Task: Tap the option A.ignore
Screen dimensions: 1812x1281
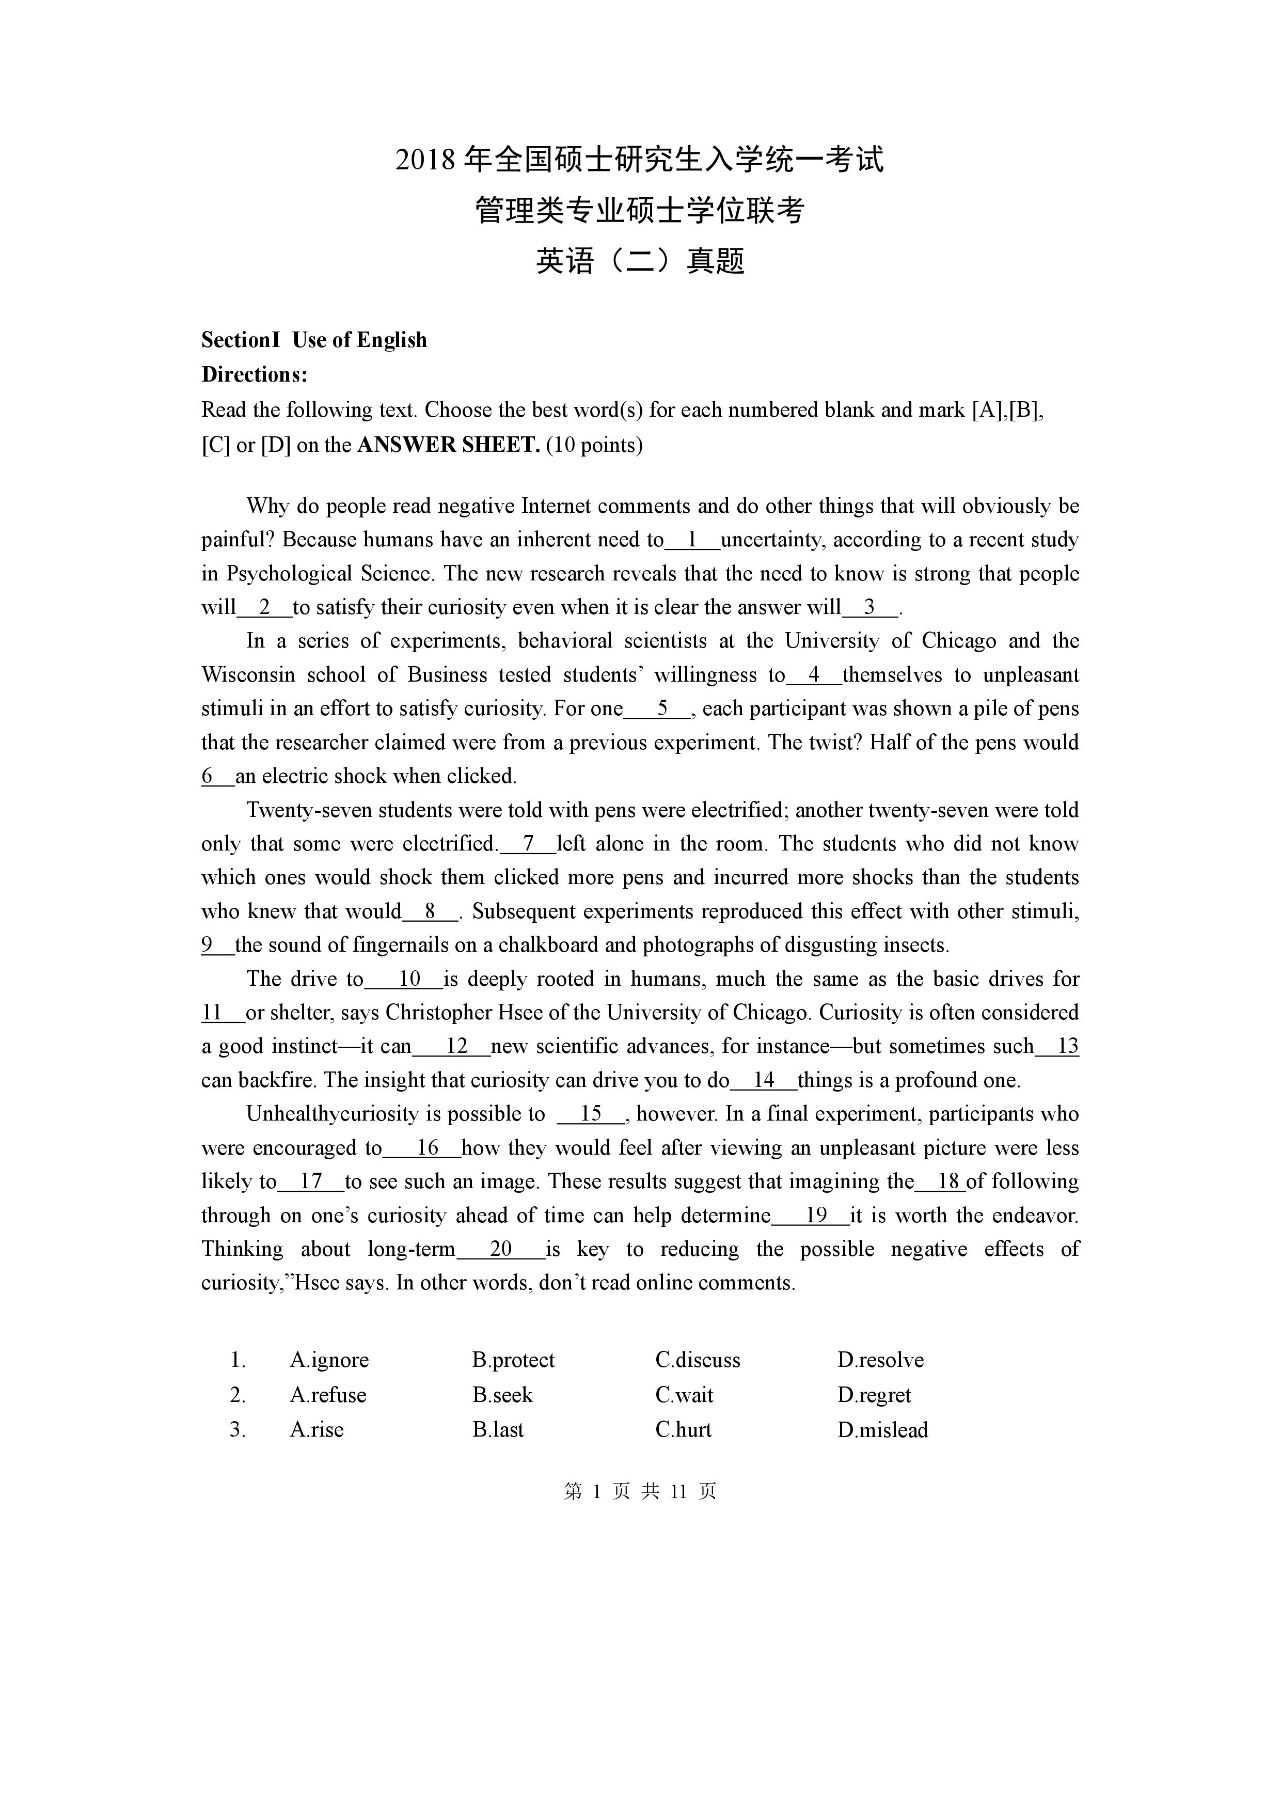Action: (x=329, y=1360)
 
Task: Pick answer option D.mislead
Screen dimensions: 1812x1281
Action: (x=882, y=1429)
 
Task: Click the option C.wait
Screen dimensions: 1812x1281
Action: (x=684, y=1395)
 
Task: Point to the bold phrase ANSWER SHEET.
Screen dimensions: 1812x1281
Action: (x=448, y=445)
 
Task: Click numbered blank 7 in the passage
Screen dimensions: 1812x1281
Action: (x=528, y=844)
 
